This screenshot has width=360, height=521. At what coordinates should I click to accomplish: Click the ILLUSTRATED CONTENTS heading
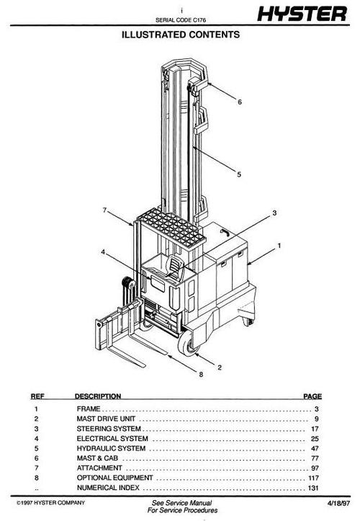click(180, 34)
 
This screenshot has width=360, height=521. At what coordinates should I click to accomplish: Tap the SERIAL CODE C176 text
click(180, 18)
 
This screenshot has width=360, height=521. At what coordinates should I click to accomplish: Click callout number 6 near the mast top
click(239, 102)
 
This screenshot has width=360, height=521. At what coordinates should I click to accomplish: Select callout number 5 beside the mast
click(239, 173)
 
